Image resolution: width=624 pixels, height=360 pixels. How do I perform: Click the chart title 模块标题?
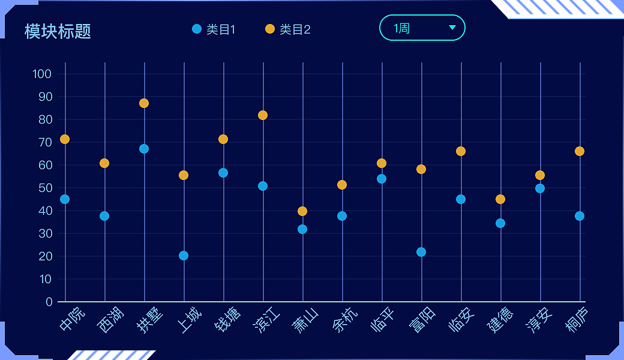tap(58, 31)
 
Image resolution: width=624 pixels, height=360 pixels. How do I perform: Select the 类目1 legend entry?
tap(214, 29)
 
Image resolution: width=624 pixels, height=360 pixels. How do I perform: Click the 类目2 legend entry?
tap(287, 29)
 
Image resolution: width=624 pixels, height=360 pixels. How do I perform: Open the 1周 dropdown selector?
tap(422, 28)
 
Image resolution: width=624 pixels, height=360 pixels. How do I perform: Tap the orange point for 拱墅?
tap(144, 103)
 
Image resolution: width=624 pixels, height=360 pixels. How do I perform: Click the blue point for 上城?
tap(184, 256)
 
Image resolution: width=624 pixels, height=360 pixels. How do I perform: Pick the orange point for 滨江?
tap(263, 115)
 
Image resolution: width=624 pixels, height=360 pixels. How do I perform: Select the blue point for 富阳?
tap(421, 252)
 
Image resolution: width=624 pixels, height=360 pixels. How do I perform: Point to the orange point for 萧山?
tap(302, 211)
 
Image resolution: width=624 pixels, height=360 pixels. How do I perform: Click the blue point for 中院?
tap(65, 199)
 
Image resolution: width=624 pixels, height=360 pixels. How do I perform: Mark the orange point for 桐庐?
tap(580, 151)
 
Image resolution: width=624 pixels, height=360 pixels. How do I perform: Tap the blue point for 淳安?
tap(540, 188)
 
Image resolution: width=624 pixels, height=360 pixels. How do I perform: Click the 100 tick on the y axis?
tap(42, 74)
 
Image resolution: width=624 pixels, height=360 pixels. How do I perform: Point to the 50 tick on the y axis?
tap(46, 188)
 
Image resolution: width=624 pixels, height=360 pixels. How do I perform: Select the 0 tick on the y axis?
tap(49, 302)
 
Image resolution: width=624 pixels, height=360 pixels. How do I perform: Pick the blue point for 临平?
tap(382, 179)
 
